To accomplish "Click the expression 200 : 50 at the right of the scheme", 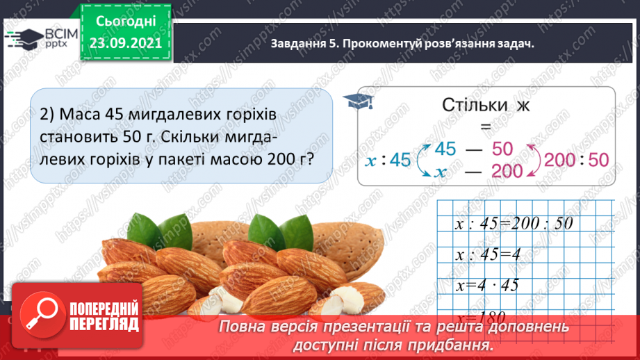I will pos(576,160).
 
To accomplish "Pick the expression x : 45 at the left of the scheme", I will pos(389,161).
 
